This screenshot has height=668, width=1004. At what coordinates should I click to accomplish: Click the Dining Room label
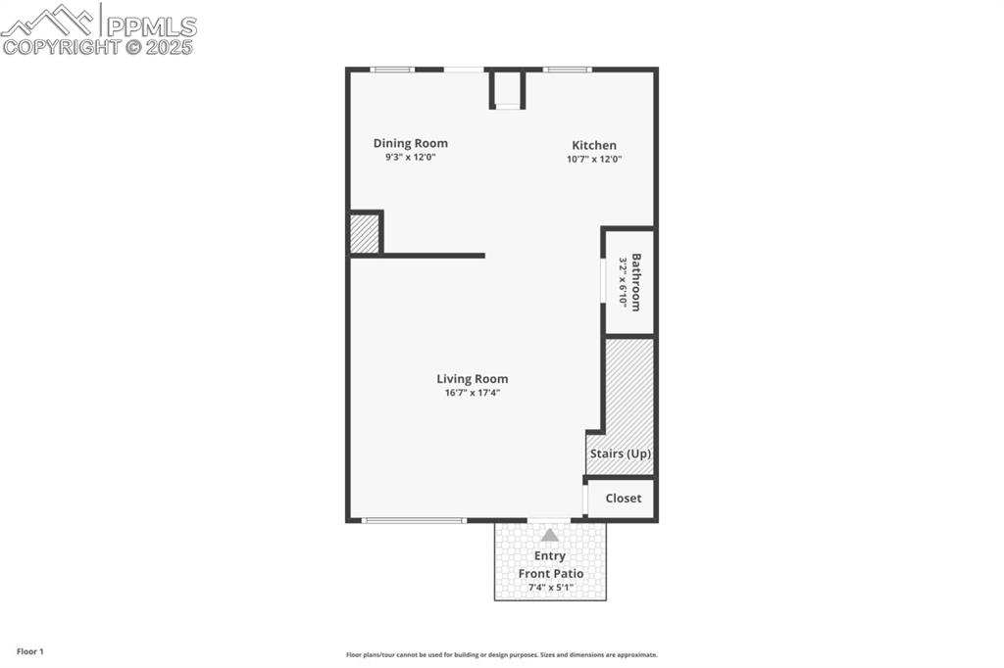pyautogui.click(x=410, y=143)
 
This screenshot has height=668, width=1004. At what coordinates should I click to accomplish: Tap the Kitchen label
pyautogui.click(x=594, y=145)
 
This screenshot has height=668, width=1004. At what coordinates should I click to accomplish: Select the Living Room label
pyautogui.click(x=473, y=379)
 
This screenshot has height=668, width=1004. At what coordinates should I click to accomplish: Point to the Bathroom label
pyautogui.click(x=636, y=282)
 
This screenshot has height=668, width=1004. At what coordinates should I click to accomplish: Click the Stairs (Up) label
pyautogui.click(x=620, y=454)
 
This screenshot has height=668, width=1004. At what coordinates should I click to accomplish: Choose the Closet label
pyautogui.click(x=623, y=499)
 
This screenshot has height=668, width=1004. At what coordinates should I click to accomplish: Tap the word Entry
pyautogui.click(x=550, y=556)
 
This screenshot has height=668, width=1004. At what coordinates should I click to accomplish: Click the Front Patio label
pyautogui.click(x=551, y=574)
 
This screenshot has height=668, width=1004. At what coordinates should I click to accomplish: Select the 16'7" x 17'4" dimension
pyautogui.click(x=473, y=394)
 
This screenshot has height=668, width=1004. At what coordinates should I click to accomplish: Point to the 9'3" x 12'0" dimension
pyautogui.click(x=410, y=157)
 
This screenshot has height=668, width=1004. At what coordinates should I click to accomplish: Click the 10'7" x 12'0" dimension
pyautogui.click(x=594, y=159)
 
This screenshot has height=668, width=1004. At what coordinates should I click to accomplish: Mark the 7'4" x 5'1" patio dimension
pyautogui.click(x=551, y=588)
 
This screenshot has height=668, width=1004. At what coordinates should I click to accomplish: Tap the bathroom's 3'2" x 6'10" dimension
pyautogui.click(x=622, y=282)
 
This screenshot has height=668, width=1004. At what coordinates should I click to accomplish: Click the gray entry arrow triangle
pyautogui.click(x=550, y=535)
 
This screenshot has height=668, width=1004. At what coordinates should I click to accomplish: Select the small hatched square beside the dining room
pyautogui.click(x=364, y=234)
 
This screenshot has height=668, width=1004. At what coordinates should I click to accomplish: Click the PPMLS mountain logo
pyautogui.click(x=49, y=20)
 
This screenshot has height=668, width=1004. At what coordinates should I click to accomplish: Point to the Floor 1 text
pyautogui.click(x=29, y=651)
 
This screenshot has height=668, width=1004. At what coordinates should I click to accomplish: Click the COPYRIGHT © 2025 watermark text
pyautogui.click(x=98, y=46)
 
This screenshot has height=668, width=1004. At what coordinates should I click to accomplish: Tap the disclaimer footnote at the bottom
pyautogui.click(x=501, y=655)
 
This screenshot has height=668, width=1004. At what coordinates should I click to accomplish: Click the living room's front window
pyautogui.click(x=414, y=520)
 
